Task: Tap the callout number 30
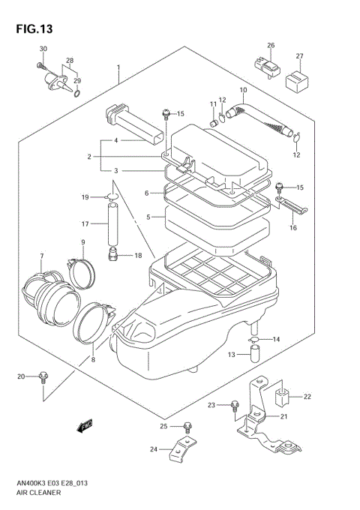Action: pos(43,49)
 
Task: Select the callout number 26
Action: pos(271,45)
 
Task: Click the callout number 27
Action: pos(299,56)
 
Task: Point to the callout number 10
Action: pos(242,90)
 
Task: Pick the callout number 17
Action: pos(85,223)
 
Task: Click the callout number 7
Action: pos(42,257)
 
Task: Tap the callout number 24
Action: pos(154,450)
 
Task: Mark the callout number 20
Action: pos(22,375)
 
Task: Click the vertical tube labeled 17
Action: pos(114,225)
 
